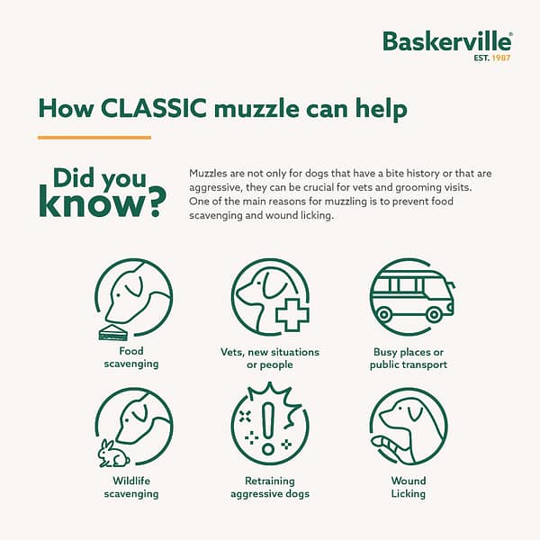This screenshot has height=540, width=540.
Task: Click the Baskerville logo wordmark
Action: (446, 40)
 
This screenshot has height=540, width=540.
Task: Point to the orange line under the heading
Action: (94, 138)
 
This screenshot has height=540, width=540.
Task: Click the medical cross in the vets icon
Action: (292, 315)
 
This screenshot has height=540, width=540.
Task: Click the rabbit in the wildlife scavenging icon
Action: (112, 454)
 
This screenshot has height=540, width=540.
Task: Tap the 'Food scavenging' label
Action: (131, 357)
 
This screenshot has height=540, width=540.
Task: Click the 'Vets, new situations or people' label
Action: (269, 358)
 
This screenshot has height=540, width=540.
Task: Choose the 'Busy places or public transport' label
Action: (409, 358)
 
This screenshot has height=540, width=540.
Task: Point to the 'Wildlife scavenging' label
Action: (131, 487)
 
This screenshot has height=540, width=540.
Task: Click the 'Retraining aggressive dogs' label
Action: (269, 487)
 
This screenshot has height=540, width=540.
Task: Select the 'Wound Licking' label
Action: (409, 487)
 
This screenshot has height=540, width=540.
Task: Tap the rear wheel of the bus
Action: (434, 315)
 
